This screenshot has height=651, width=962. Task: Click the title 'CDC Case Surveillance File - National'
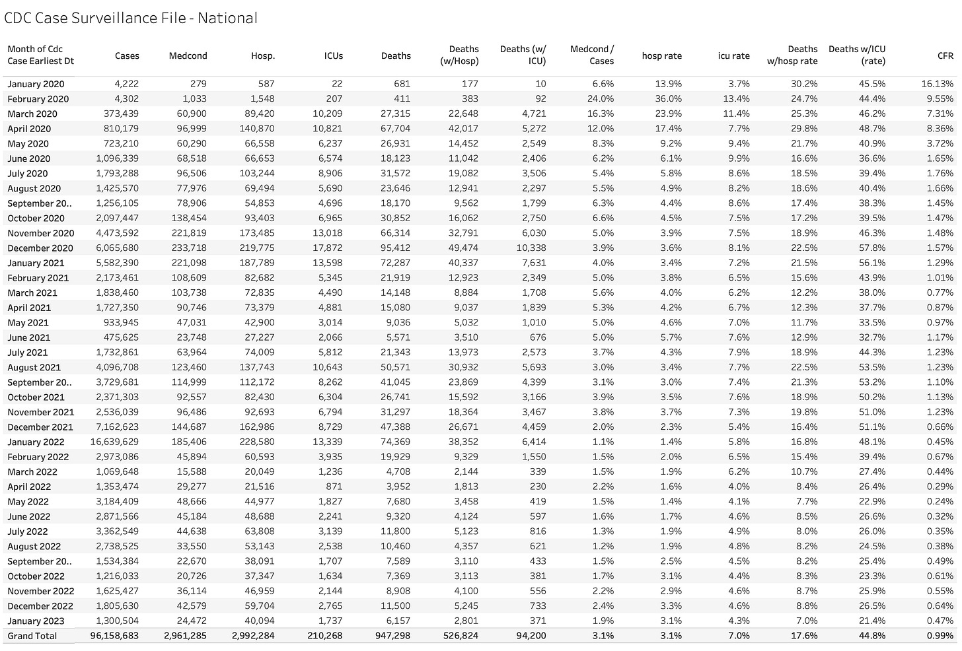(x=131, y=18)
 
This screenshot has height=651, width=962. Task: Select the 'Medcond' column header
(x=188, y=56)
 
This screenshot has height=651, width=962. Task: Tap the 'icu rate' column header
(x=733, y=56)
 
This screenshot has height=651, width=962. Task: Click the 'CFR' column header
(x=945, y=56)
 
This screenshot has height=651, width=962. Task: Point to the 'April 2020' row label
(x=29, y=129)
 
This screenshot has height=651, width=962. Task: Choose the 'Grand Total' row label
(x=32, y=636)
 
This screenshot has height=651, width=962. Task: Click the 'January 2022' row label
(x=36, y=442)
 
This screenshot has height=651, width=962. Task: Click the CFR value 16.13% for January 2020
(x=937, y=84)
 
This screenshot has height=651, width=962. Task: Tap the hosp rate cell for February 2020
(x=668, y=99)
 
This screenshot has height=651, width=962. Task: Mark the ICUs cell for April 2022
(x=333, y=487)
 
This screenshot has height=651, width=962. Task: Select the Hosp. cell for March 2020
(x=258, y=114)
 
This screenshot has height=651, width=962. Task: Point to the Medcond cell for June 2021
(x=191, y=337)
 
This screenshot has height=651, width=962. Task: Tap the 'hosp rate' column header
(x=661, y=56)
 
